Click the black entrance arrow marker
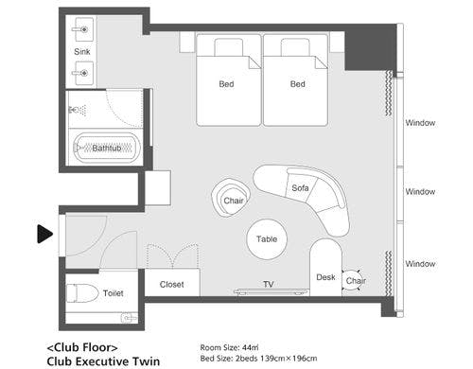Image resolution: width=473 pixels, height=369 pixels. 44,234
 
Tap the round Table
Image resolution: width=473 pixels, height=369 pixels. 267,239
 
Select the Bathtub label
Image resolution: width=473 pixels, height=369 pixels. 107,148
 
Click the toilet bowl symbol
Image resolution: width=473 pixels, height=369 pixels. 82,293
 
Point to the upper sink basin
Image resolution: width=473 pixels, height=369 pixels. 84,29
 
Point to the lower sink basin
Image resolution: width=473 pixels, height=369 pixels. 84,73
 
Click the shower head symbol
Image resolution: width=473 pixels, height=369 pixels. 78,111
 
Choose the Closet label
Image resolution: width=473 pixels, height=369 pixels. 171,285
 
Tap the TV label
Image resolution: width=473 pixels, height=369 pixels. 269,285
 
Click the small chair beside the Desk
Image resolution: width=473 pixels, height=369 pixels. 353,280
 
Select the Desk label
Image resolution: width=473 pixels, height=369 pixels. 325,277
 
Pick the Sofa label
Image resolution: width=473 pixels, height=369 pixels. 300,188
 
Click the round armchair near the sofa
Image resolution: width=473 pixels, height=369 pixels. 232,198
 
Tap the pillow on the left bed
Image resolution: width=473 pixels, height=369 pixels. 229,47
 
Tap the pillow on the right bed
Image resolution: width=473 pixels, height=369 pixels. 295,47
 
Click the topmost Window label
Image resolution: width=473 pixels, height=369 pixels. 420,123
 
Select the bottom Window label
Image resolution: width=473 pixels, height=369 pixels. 420,264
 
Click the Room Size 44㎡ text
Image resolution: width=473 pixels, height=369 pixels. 229,347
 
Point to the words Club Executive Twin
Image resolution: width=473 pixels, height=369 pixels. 103,361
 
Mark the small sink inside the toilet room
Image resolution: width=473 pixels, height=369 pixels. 130,317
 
